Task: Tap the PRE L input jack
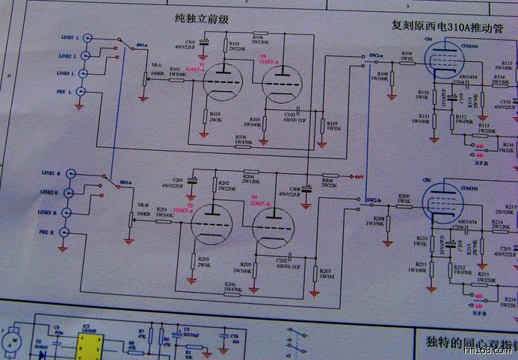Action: pos(82,92)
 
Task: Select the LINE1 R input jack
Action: pos(70,173)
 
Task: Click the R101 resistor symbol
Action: pos(177,79)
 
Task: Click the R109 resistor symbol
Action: pos(407,61)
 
